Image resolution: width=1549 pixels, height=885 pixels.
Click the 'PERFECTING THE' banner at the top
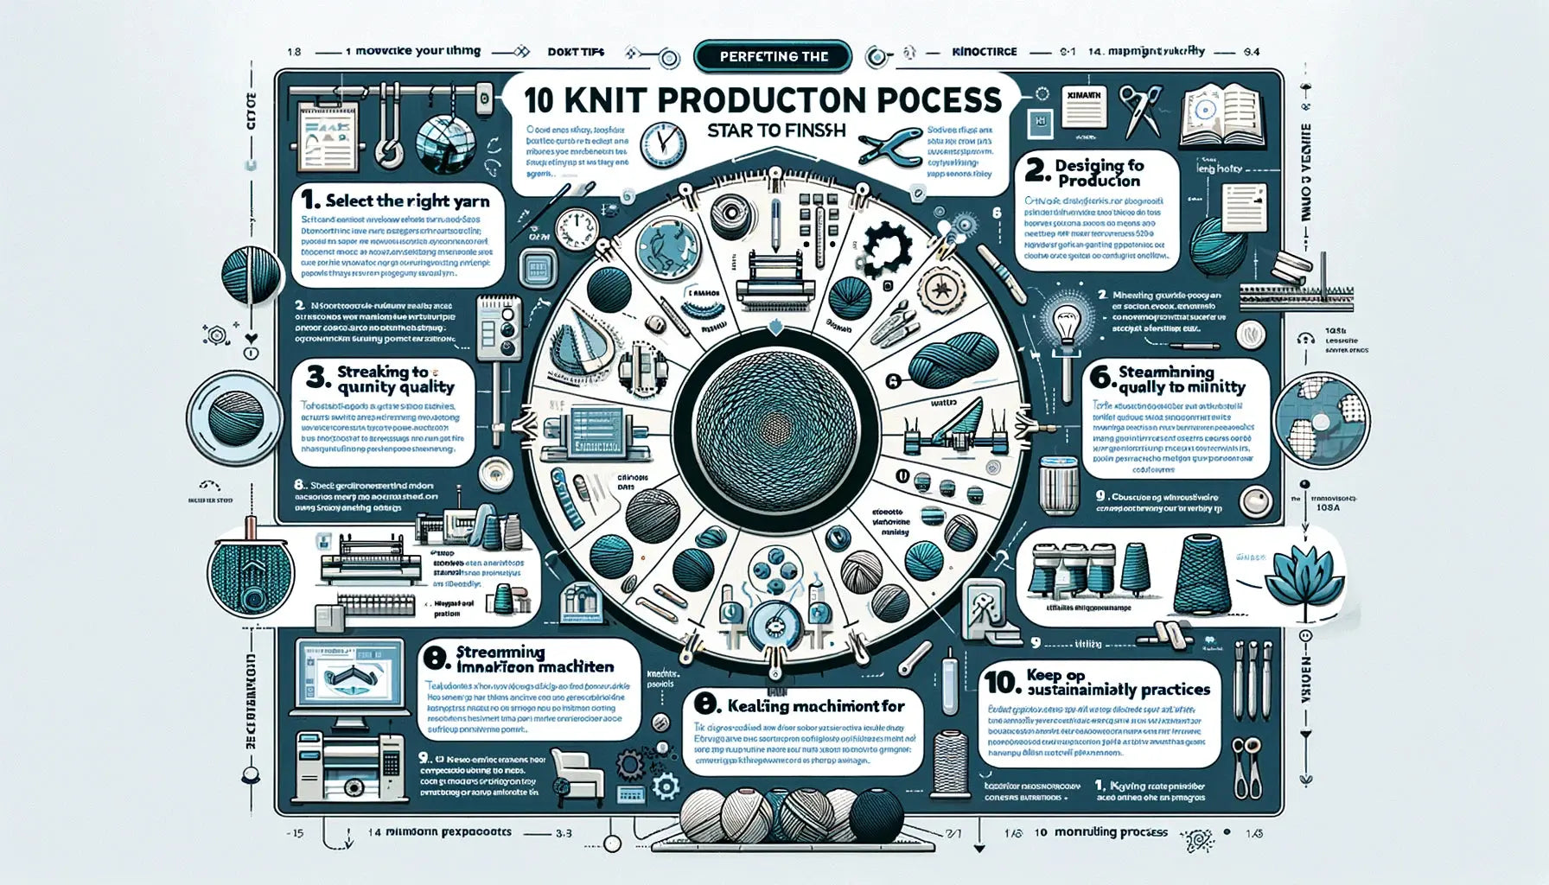point(773,57)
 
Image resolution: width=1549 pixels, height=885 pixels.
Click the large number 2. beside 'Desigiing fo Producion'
point(1037,169)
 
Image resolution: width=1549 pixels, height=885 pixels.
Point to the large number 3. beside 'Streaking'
point(317,379)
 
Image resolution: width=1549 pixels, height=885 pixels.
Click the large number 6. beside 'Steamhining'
point(1100,378)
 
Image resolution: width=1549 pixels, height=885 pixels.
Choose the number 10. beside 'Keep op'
point(1002,683)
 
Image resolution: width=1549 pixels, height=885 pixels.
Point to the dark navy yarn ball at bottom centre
point(876,813)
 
